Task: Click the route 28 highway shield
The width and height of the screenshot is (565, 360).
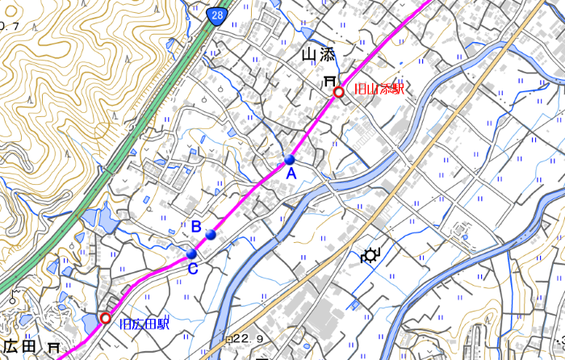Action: [x=219, y=17]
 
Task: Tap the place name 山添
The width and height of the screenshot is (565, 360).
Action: [x=317, y=56]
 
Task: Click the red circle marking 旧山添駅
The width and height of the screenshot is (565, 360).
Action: [x=339, y=93]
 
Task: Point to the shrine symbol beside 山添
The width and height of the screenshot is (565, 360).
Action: [x=329, y=82]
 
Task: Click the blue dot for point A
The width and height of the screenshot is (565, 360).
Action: [x=290, y=160]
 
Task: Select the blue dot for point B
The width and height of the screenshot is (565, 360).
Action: [x=211, y=234]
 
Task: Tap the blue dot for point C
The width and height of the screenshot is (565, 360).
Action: [x=191, y=254]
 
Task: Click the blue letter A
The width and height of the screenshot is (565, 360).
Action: [x=291, y=174]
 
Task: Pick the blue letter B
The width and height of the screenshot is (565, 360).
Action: [x=195, y=227]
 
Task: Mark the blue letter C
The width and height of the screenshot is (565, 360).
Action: [x=192, y=269]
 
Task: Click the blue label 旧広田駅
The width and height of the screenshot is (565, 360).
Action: [x=145, y=324]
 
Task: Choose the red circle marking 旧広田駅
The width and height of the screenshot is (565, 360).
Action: [x=105, y=318]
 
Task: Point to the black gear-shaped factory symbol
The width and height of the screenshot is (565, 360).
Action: [x=370, y=257]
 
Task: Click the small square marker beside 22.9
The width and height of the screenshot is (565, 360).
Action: [x=230, y=338]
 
